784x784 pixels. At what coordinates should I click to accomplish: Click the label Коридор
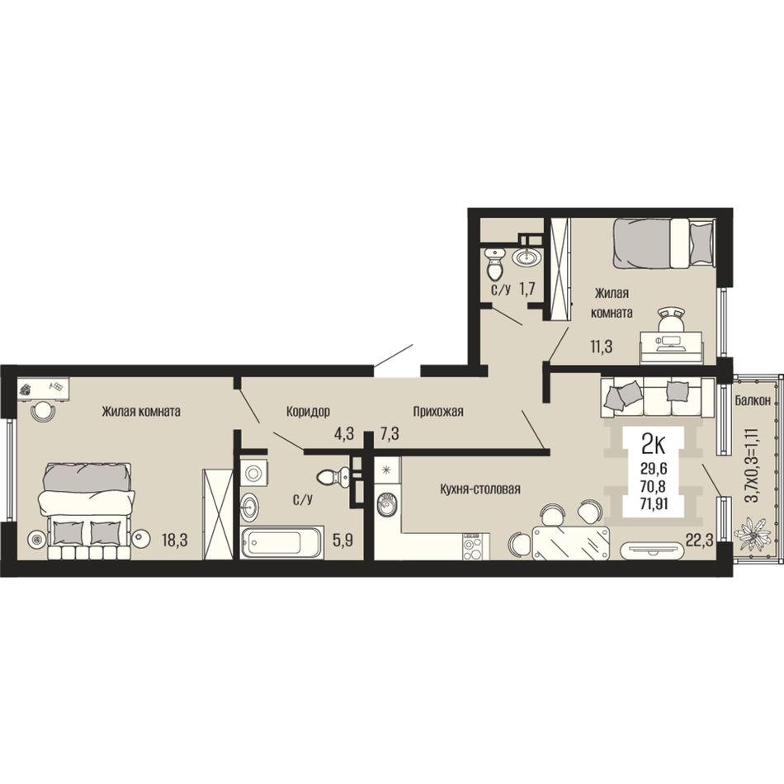click(308, 412)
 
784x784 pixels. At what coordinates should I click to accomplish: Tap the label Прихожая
click(438, 412)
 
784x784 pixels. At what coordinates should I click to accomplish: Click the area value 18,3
click(174, 540)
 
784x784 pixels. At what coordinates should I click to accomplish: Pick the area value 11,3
click(601, 346)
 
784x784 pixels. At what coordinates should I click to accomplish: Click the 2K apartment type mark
click(653, 443)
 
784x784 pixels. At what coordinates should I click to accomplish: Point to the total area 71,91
click(654, 503)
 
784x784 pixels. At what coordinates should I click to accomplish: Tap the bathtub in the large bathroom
click(282, 542)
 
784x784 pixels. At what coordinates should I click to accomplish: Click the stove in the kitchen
click(472, 546)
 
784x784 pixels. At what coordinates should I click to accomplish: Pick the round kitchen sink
click(387, 504)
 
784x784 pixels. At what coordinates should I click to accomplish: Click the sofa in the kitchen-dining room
click(658, 396)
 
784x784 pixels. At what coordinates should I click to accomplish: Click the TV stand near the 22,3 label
click(651, 550)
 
